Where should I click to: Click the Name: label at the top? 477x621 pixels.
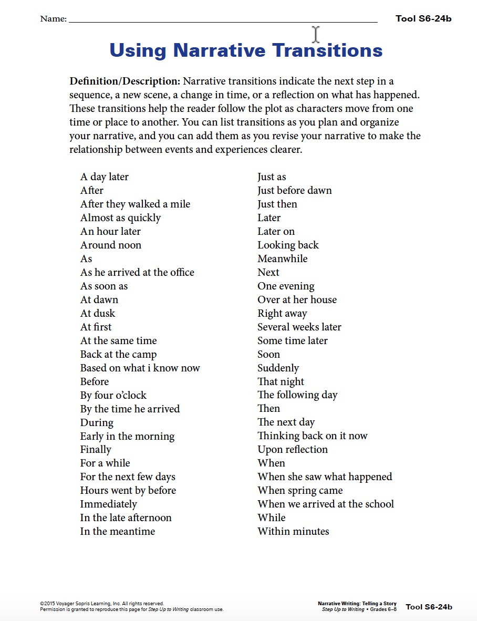click(53, 19)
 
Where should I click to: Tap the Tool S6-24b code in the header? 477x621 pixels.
click(423, 19)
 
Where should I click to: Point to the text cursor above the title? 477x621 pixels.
click(316, 34)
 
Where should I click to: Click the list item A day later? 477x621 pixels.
click(104, 177)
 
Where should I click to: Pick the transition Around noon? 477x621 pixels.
click(110, 245)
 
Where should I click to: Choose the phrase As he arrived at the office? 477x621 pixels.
click(137, 273)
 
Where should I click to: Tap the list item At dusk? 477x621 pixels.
click(97, 314)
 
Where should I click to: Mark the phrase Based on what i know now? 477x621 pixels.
click(140, 368)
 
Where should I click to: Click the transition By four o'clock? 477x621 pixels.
click(113, 396)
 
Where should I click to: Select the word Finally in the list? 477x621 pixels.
click(96, 450)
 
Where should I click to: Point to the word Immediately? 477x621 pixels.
click(108, 504)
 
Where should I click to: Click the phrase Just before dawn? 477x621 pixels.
click(294, 191)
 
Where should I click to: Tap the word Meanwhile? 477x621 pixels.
click(282, 259)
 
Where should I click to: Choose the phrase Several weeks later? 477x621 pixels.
click(299, 327)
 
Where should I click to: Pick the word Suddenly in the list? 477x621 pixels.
click(278, 368)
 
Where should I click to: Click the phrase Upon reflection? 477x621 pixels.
click(292, 450)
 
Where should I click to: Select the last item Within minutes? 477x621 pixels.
click(293, 532)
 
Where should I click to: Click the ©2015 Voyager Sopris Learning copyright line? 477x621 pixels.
click(102, 604)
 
